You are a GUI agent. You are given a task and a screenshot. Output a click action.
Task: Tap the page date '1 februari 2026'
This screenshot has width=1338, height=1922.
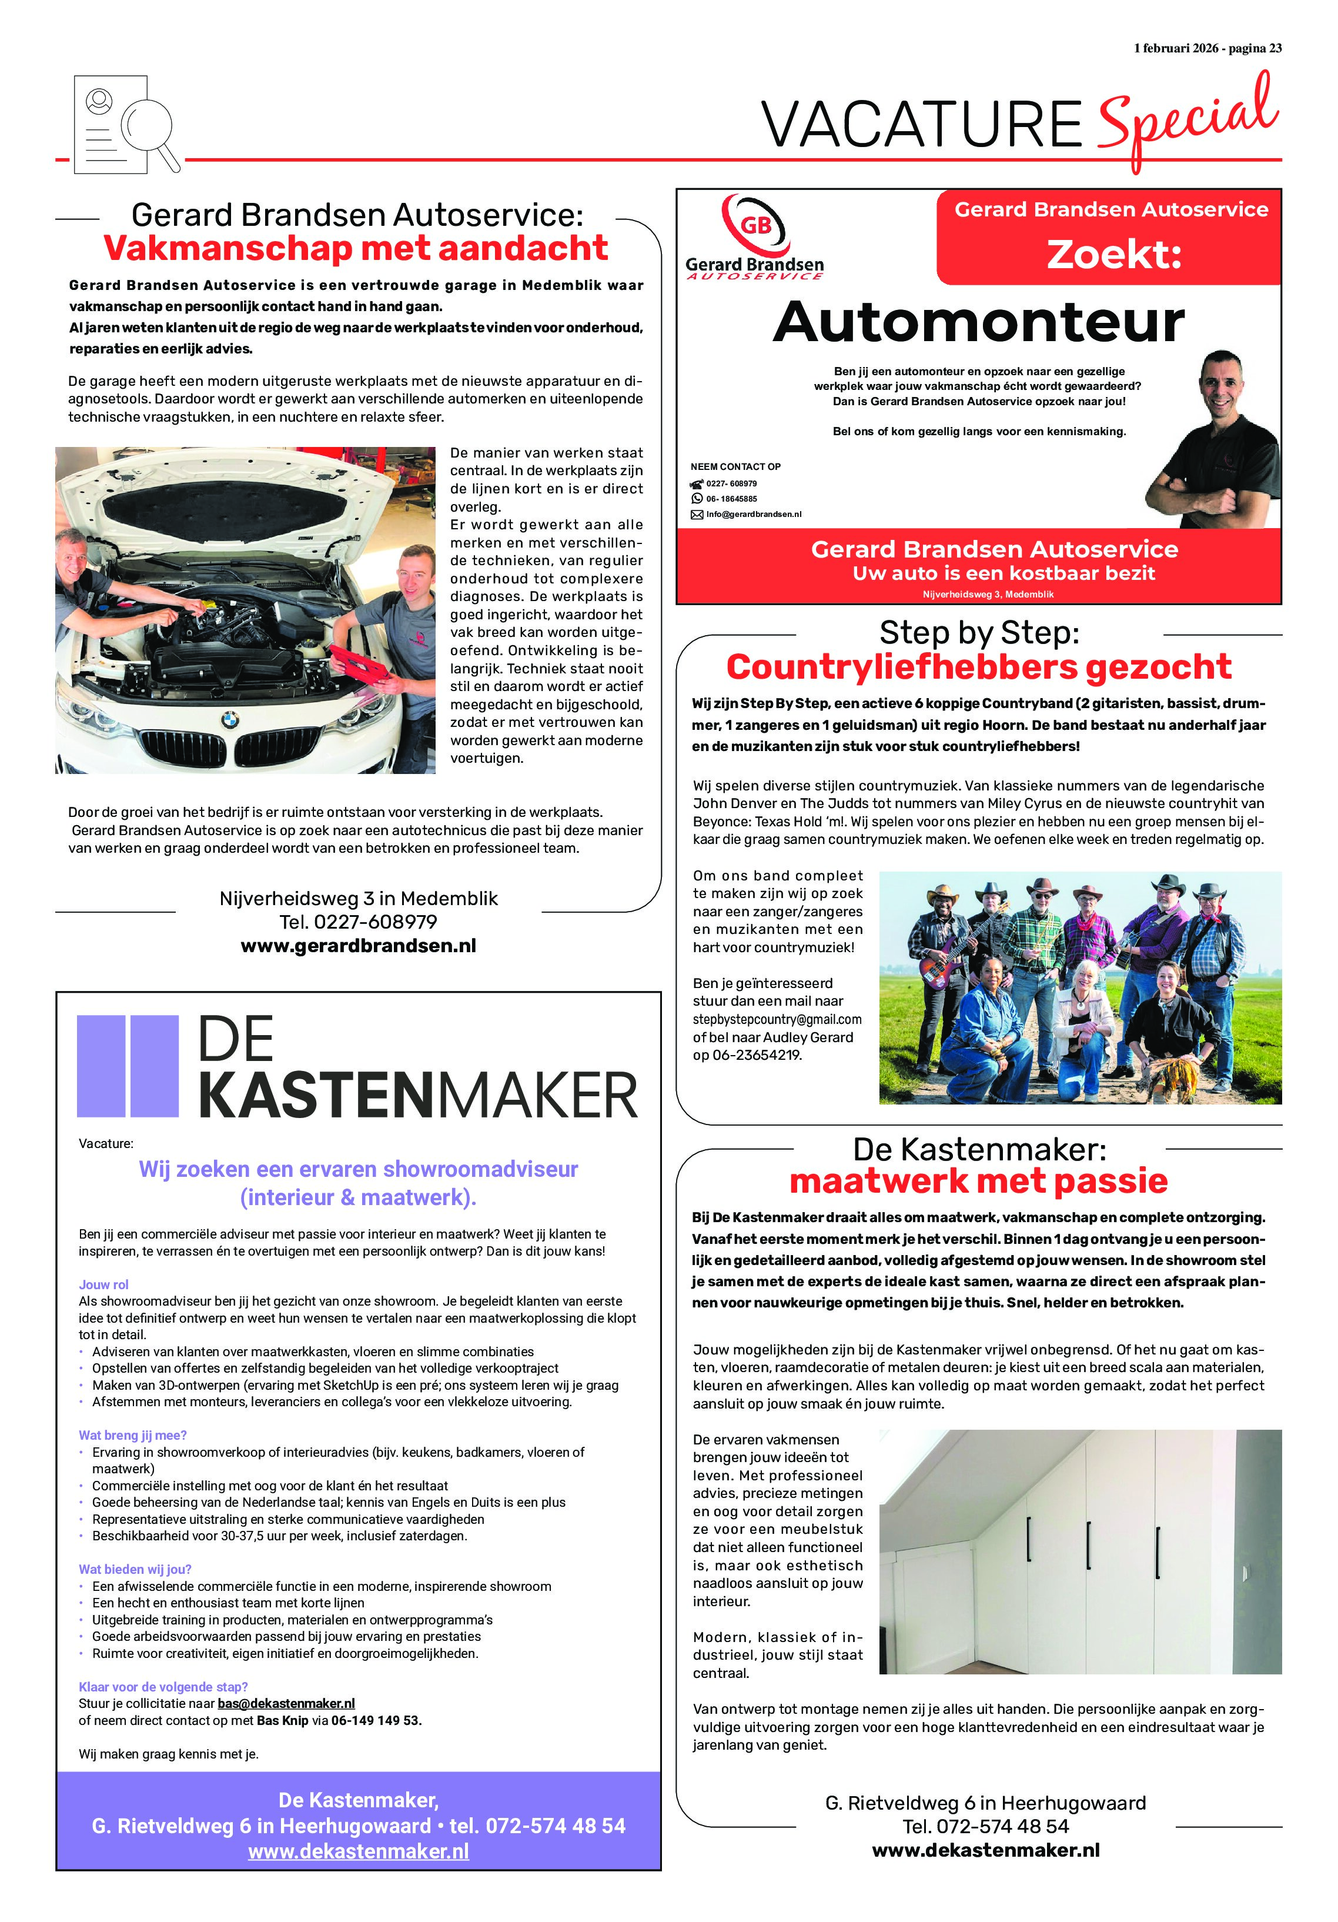tap(1176, 49)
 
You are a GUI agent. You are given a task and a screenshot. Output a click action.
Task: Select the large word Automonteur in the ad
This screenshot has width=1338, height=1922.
tap(978, 322)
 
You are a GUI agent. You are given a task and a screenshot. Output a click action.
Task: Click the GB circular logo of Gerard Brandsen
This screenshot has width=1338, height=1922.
tap(755, 224)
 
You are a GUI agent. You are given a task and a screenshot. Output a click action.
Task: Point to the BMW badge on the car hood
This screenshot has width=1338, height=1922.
tap(229, 719)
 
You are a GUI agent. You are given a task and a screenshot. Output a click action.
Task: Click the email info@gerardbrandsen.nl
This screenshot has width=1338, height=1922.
tap(752, 514)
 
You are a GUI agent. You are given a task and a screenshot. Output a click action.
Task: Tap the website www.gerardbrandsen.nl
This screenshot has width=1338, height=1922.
tap(358, 946)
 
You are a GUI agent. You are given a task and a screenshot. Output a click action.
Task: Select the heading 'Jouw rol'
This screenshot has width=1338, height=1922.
tap(104, 1284)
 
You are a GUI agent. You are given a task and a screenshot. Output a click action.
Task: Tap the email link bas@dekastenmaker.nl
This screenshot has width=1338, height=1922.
tap(286, 1703)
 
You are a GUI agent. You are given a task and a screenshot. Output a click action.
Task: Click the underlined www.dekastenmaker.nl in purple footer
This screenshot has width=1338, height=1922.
tap(358, 1851)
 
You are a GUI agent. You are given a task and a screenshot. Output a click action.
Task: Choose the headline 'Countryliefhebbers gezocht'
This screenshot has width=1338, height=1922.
tap(978, 667)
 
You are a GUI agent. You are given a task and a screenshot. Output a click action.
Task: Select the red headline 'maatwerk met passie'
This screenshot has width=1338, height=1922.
tap(978, 1181)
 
